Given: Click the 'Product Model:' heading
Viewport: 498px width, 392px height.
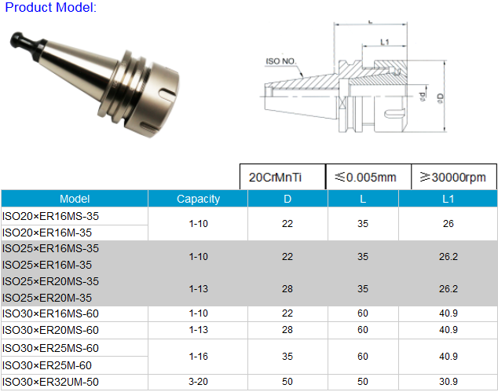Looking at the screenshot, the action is coord(50,7).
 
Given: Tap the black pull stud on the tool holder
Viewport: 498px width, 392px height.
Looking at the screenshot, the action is coord(26,43).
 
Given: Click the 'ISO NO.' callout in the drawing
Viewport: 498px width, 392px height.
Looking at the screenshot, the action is coord(280,61).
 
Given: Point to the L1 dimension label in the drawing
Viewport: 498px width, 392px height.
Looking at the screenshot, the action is coord(385,42).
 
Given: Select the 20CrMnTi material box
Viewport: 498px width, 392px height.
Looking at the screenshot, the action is coord(283,177).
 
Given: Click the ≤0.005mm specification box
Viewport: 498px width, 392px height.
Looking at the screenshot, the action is coord(368,177).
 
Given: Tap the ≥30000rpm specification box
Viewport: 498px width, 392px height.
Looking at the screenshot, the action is coord(454,177).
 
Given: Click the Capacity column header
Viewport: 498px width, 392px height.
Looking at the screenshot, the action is coord(198,199).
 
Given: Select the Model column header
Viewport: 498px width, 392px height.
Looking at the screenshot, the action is coord(75,199).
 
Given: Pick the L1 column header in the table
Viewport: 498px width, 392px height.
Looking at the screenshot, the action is coord(448,199).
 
